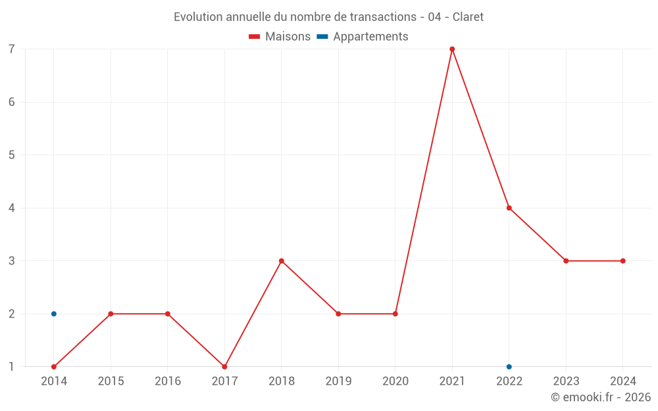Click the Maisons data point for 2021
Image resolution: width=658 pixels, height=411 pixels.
click(452, 49)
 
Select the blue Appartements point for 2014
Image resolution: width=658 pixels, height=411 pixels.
click(54, 314)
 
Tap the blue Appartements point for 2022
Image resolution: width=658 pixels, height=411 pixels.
click(509, 367)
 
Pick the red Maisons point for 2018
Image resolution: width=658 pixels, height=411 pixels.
click(282, 261)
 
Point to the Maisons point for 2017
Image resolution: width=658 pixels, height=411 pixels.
click(224, 367)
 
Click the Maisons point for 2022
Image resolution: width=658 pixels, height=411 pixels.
click(509, 208)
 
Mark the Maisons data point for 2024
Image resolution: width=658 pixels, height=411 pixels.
click(623, 261)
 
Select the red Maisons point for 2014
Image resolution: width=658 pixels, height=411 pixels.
click(54, 367)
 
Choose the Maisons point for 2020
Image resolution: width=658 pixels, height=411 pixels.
click(395, 314)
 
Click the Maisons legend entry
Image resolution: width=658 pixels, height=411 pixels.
click(280, 37)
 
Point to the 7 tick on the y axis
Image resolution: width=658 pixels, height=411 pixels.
click(12, 49)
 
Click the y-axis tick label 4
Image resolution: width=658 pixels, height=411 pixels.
click(12, 208)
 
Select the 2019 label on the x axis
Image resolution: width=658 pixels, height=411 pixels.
click(338, 381)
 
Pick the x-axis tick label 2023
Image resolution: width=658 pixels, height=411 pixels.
click(566, 381)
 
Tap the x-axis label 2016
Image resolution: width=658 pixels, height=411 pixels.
click(168, 381)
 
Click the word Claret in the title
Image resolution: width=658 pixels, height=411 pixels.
click(468, 17)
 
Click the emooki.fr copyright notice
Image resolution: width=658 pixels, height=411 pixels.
click(601, 397)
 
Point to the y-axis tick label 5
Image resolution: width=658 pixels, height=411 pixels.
click(12, 155)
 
